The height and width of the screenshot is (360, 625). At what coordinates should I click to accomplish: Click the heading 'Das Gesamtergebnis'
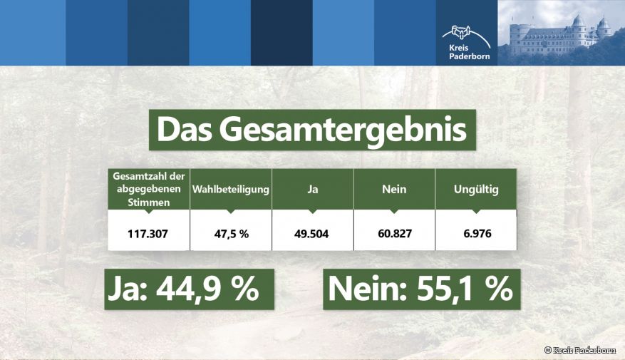coord(311,130)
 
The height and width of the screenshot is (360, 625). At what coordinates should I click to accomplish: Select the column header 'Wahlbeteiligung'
coord(231,190)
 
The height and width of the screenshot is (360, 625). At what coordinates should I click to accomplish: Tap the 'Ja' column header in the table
coord(312,190)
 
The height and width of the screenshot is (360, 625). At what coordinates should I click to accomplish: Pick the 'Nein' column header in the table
coord(394,190)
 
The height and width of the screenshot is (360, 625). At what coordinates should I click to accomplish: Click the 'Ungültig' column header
coord(476,190)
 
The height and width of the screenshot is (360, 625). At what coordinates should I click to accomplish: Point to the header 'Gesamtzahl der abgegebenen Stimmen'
coord(149,189)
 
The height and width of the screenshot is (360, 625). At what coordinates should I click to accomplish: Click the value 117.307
coord(149,233)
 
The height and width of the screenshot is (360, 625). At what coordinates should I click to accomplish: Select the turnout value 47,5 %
coord(231,233)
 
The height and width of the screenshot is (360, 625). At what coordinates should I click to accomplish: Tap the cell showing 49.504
coord(312,233)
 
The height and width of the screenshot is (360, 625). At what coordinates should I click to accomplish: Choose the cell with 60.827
coord(394,233)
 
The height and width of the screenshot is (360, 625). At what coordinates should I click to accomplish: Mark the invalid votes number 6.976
coord(476,233)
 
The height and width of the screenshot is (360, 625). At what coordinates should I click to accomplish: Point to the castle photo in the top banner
coord(561,33)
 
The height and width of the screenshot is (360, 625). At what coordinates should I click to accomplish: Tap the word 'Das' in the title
coord(184,130)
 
